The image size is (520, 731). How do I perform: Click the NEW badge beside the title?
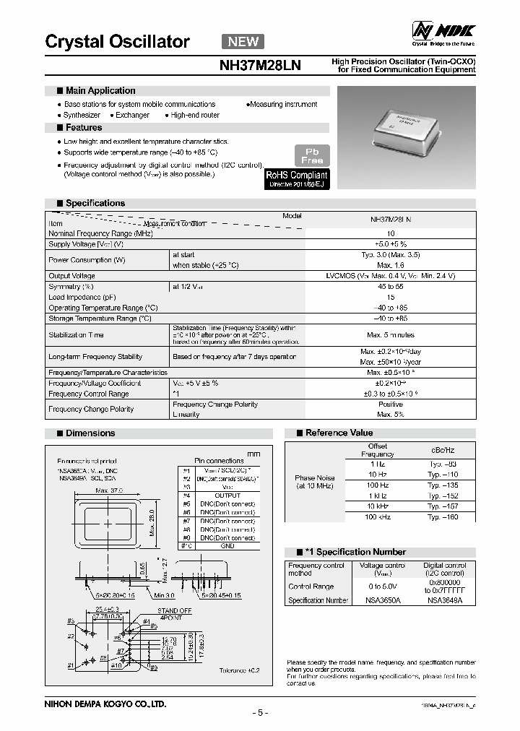[243, 42]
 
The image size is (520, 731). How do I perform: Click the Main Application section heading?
[100, 90]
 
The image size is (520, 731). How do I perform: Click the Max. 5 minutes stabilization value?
[390, 334]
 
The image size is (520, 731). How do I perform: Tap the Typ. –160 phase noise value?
[442, 517]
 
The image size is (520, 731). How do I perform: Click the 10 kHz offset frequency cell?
[377, 506]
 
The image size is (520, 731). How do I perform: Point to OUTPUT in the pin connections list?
[227, 495]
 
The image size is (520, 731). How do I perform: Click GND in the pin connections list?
[227, 546]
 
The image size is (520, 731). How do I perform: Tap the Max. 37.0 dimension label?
[110, 490]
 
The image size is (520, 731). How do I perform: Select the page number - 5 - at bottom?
[260, 713]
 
